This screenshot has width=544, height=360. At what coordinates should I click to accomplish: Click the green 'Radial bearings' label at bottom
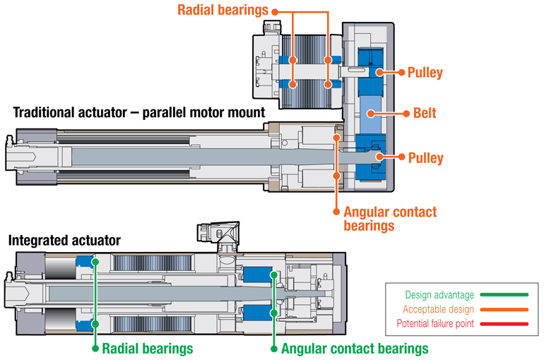click(x=147, y=349)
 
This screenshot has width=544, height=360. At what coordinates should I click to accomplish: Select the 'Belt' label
click(x=425, y=113)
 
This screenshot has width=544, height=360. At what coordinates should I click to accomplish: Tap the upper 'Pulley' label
click(x=425, y=72)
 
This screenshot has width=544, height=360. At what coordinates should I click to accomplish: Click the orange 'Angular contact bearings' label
click(x=389, y=218)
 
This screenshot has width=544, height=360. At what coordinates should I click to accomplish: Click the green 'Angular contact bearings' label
click(x=354, y=349)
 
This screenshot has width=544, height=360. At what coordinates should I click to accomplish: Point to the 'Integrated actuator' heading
click(x=64, y=241)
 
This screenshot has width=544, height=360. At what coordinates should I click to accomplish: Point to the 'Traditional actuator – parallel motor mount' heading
click(x=137, y=112)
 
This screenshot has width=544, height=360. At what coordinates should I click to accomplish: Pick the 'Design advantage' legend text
click(x=437, y=295)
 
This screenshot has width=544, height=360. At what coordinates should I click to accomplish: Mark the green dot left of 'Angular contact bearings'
click(x=273, y=348)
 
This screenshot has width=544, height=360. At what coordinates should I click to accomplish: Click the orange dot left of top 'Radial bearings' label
click(x=274, y=11)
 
